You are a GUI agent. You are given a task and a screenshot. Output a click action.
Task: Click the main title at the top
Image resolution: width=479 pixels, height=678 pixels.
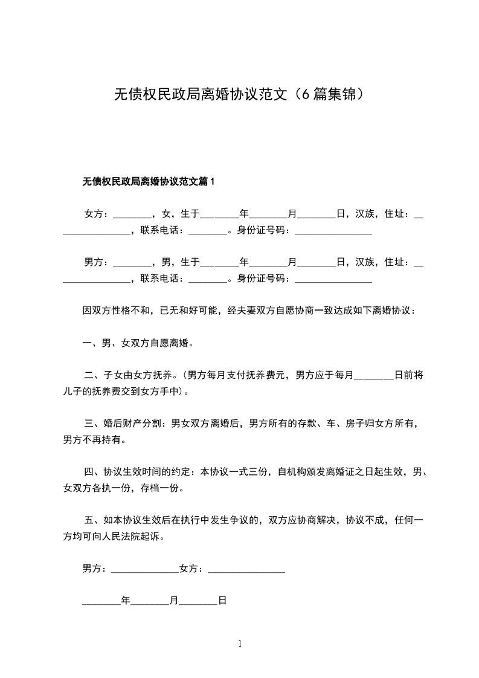(x=239, y=94)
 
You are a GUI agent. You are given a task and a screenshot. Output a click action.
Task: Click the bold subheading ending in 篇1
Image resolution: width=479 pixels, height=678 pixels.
(x=149, y=181)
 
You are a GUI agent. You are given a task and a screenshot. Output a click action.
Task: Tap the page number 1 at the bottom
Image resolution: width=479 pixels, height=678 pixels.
(x=240, y=644)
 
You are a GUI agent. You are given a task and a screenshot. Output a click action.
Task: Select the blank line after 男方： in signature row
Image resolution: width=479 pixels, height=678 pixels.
(x=145, y=569)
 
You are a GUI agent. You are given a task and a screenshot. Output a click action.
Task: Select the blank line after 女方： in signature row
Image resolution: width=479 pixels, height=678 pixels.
(x=246, y=569)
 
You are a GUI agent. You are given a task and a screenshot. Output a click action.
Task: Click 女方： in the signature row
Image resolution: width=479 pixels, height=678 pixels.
(x=193, y=569)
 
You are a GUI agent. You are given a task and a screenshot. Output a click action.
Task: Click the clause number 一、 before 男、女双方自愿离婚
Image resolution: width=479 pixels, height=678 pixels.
(x=92, y=343)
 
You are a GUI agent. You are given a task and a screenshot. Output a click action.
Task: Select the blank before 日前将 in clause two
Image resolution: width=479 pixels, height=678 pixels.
(x=373, y=375)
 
